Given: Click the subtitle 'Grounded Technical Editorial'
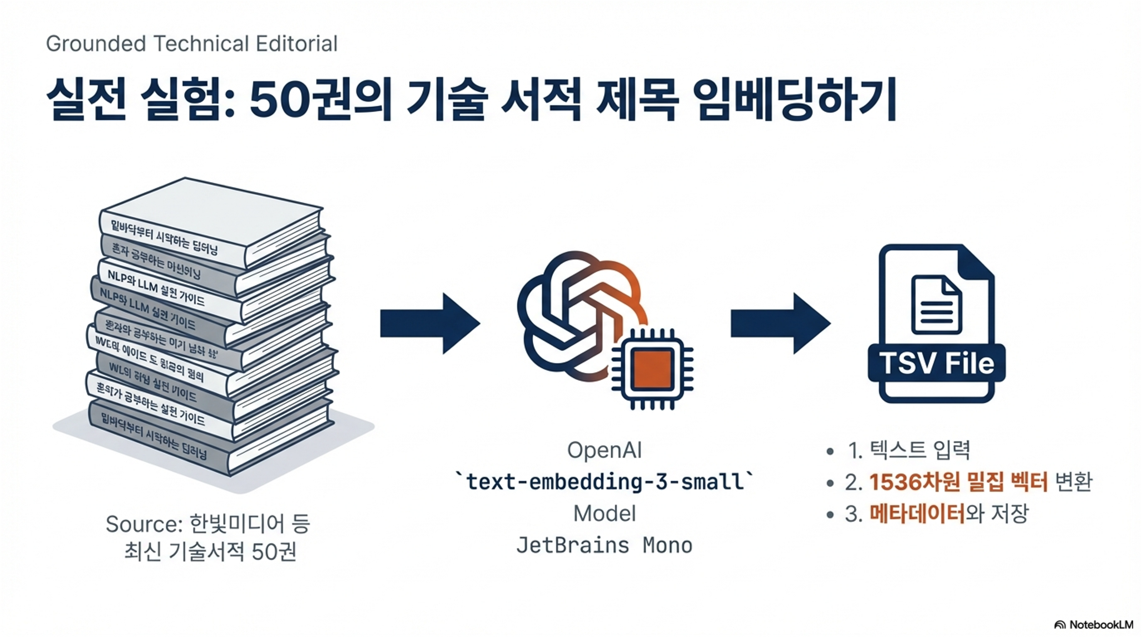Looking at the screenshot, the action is point(191,44).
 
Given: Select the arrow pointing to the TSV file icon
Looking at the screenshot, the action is point(780,323).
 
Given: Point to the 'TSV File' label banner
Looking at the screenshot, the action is point(936,363).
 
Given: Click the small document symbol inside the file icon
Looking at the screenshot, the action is point(936,305).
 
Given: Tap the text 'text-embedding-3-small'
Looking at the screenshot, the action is point(605,482).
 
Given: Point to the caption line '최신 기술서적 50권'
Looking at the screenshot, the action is point(210,552).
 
